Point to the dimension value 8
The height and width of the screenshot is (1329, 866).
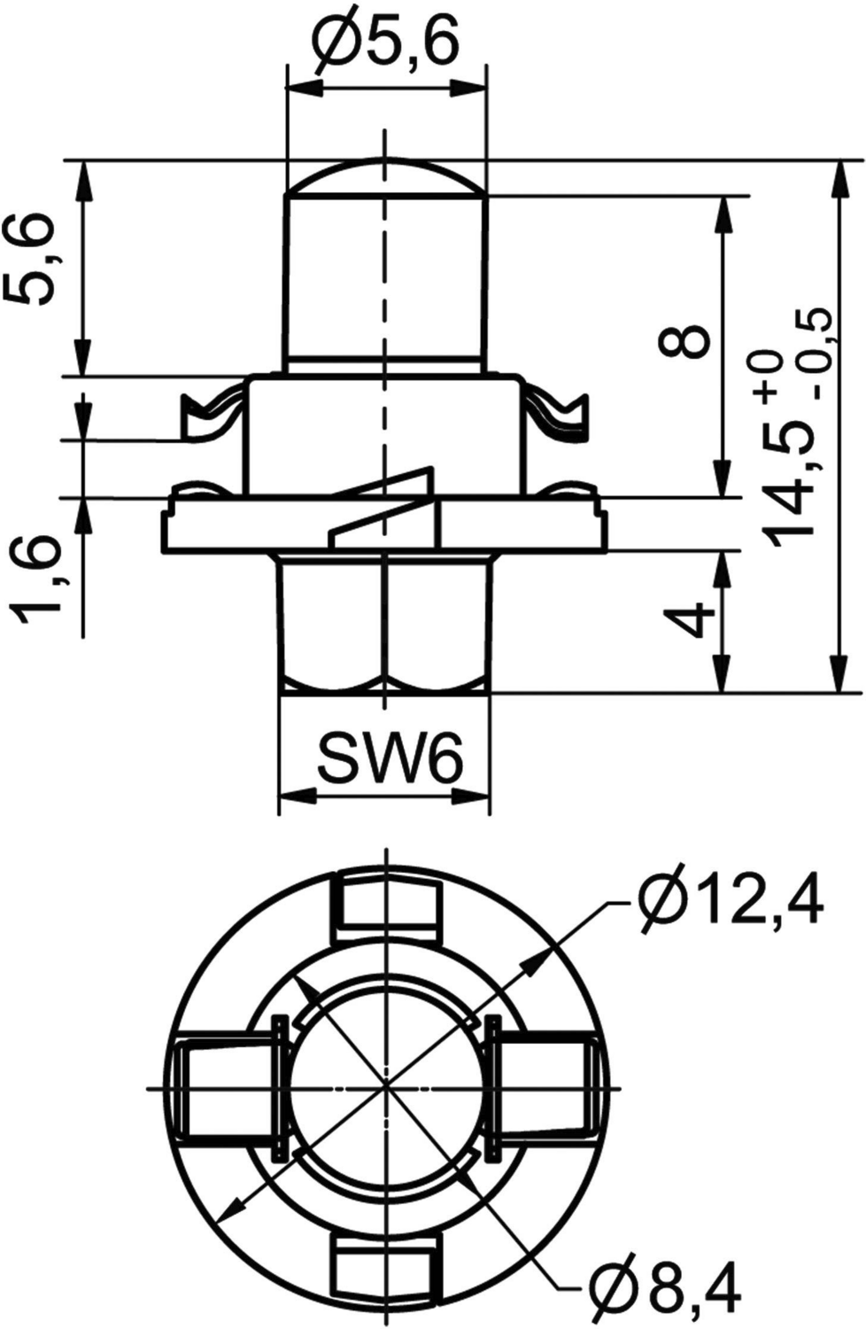[685, 341]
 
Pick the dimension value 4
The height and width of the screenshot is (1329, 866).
[690, 620]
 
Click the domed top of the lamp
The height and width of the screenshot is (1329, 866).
[385, 177]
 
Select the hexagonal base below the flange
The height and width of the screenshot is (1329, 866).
[385, 625]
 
